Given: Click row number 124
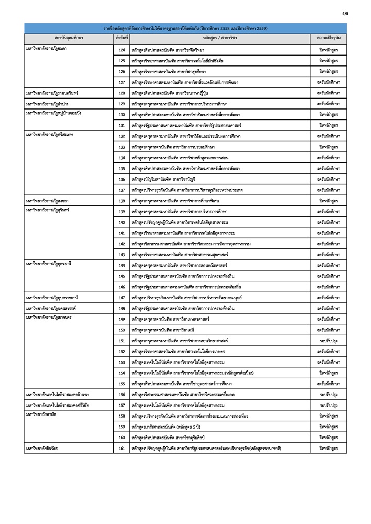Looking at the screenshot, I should tap(122, 50).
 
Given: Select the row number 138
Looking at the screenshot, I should tap(122, 201).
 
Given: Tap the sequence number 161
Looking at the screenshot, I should tap(122, 449).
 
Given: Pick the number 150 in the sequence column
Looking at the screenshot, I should tap(122, 330).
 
